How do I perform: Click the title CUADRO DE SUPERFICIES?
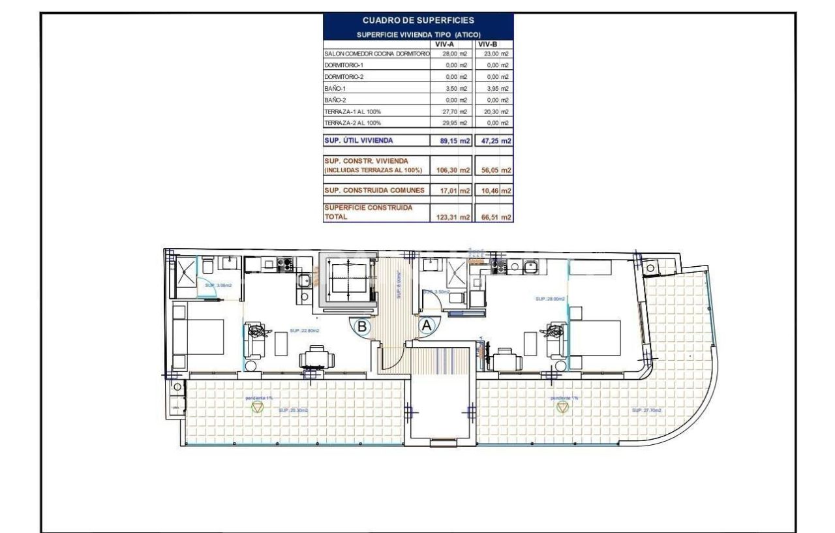coord(418,21)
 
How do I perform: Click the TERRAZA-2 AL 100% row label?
coord(353,123)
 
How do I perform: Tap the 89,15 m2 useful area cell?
coord(450,140)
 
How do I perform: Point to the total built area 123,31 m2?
coord(450,218)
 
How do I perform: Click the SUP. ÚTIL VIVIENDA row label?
coord(359,140)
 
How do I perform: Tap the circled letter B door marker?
coord(361,324)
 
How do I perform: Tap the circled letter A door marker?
coord(427,324)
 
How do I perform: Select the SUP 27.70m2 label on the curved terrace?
coord(646,410)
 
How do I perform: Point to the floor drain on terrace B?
coord(258,407)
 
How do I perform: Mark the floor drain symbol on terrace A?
coord(562,407)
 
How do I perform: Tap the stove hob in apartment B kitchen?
coord(286,264)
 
